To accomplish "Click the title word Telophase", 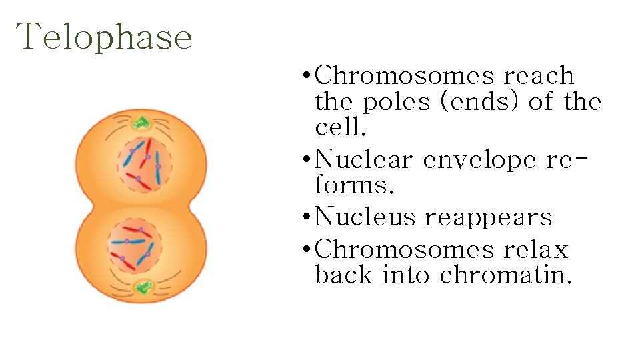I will (105, 37).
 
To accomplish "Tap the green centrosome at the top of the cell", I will (141, 123).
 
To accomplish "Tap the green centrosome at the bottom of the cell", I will (142, 287).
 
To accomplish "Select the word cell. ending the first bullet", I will (337, 128).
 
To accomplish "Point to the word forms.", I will (354, 186).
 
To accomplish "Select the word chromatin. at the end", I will (506, 275).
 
